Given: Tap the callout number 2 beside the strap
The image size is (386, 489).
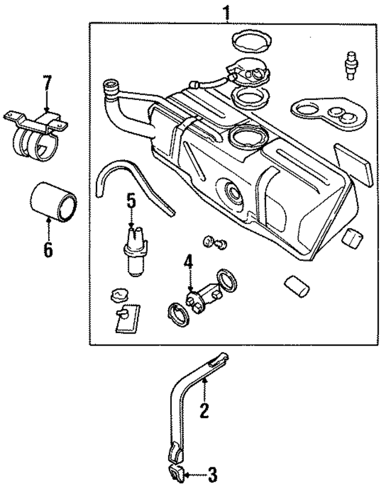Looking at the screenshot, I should coord(204,411).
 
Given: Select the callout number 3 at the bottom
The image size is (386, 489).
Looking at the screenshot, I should coord(212,473).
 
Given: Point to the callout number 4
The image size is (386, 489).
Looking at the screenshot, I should coord(189,262).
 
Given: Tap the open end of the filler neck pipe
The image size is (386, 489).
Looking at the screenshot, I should coord(110,86).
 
